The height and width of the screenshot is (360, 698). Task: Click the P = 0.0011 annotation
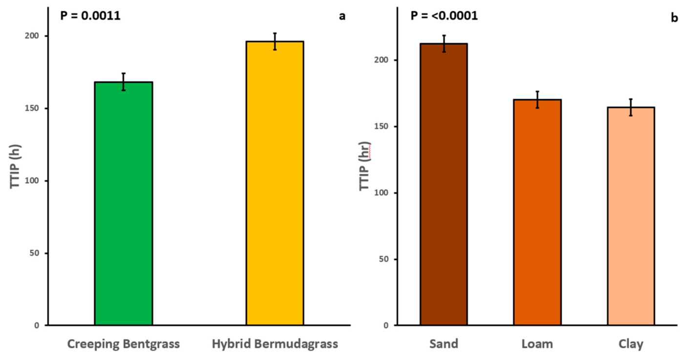tap(90, 16)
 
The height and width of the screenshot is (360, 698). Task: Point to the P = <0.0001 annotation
tap(444, 16)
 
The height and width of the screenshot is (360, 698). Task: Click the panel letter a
tap(342, 16)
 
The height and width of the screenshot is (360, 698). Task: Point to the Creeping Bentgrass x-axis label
tap(124, 344)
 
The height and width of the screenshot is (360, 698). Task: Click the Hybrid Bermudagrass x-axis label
tap(275, 344)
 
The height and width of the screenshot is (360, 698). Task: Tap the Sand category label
tap(444, 344)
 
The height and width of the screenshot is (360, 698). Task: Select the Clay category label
tap(630, 344)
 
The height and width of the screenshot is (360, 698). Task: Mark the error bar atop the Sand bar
tap(444, 43)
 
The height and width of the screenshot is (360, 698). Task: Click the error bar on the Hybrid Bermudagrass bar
tap(275, 41)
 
